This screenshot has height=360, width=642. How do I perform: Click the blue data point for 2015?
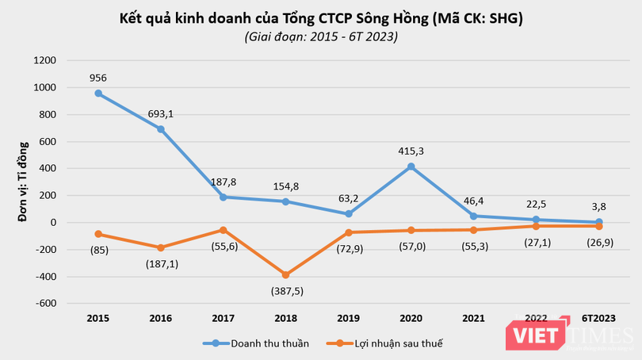[x=98, y=94]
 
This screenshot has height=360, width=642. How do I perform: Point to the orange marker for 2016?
[x=160, y=247]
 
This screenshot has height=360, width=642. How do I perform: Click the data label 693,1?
[x=160, y=113]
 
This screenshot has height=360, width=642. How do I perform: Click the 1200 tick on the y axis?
[x=46, y=61]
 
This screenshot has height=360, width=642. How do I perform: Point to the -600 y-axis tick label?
[x=45, y=304]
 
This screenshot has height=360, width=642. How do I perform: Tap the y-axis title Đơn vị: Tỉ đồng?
[x=24, y=182]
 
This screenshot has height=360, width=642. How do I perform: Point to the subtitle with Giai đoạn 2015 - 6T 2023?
[x=321, y=36]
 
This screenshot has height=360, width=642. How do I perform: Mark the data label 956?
[x=98, y=78]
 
